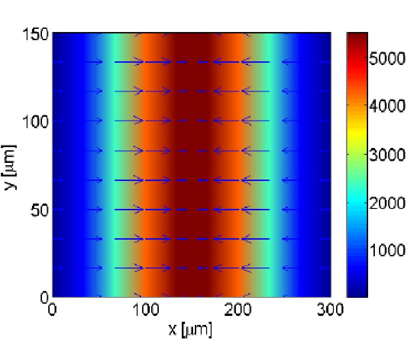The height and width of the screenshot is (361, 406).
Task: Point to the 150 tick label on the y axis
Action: click(x=36, y=34)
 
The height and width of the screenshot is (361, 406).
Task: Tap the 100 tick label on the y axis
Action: click(x=36, y=121)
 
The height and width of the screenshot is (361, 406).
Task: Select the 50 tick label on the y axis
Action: click(x=40, y=210)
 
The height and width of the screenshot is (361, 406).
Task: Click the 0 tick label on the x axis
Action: click(x=53, y=310)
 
